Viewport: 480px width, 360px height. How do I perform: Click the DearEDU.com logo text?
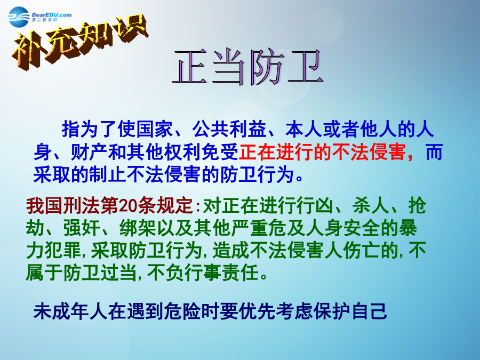(51, 15)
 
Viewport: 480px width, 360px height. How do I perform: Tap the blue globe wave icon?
(19, 17)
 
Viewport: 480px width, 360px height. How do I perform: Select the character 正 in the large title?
(189, 67)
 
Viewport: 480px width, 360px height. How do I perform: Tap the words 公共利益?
(229, 129)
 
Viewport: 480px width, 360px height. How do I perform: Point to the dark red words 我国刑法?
(63, 206)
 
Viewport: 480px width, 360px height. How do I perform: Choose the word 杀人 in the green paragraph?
(371, 206)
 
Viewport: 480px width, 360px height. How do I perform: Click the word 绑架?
(138, 228)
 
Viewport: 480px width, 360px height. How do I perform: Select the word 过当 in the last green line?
(118, 273)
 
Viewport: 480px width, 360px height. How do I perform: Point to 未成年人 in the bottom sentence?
(70, 311)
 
